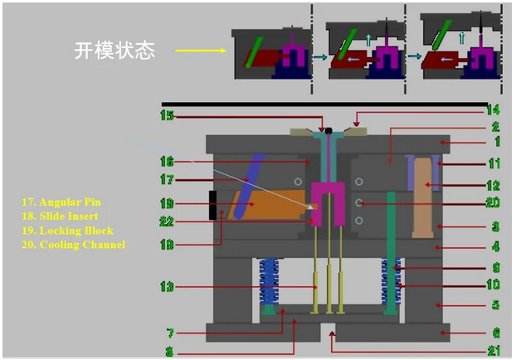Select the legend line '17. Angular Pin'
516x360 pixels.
[x=62, y=202]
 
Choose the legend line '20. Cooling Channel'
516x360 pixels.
[x=74, y=244]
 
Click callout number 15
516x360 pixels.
[x=168, y=116]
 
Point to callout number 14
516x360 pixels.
[x=494, y=109]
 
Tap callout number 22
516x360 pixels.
[x=168, y=221]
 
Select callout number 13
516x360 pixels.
[x=168, y=286]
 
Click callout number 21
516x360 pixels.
[x=494, y=350]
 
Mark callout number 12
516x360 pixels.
[x=494, y=184]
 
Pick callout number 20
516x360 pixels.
[x=494, y=204]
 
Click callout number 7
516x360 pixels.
[x=169, y=333]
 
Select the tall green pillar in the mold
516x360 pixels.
[x=390, y=249]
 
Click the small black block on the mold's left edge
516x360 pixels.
[x=214, y=205]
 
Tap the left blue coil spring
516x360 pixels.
[x=267, y=283]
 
